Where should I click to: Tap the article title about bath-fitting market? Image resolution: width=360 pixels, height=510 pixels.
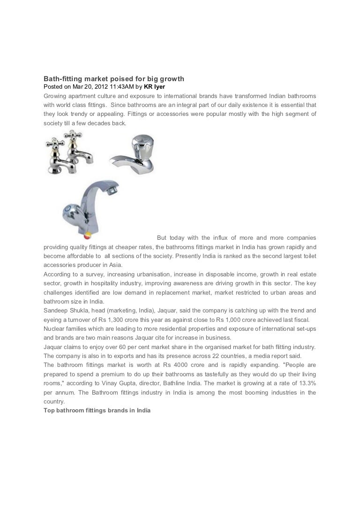[114, 79]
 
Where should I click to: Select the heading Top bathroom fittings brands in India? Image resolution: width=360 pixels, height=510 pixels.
[97, 410]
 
